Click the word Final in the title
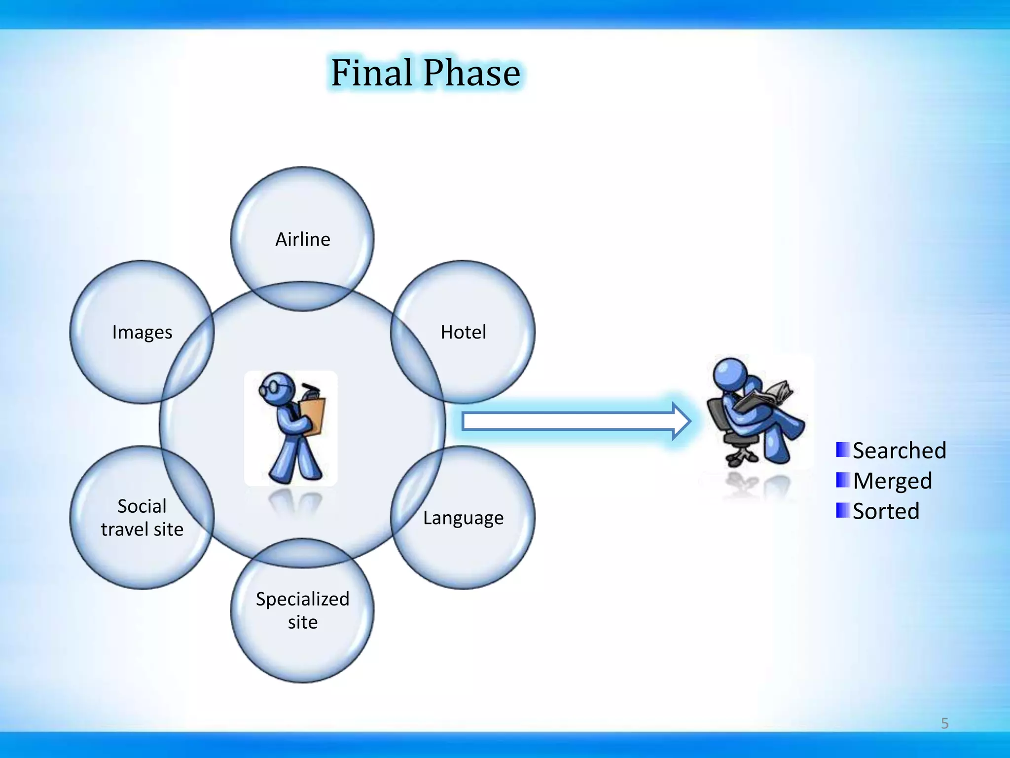click(371, 73)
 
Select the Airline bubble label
click(302, 239)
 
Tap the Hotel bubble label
click(463, 332)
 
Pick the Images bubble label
click(142, 333)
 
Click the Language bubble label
click(463, 518)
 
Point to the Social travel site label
click(142, 518)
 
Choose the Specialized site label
click(302, 610)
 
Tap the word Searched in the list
click(899, 451)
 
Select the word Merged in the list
click(892, 481)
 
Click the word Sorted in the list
click(886, 511)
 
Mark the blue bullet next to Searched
click(843, 450)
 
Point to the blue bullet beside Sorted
click(843, 510)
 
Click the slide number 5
click(944, 723)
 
